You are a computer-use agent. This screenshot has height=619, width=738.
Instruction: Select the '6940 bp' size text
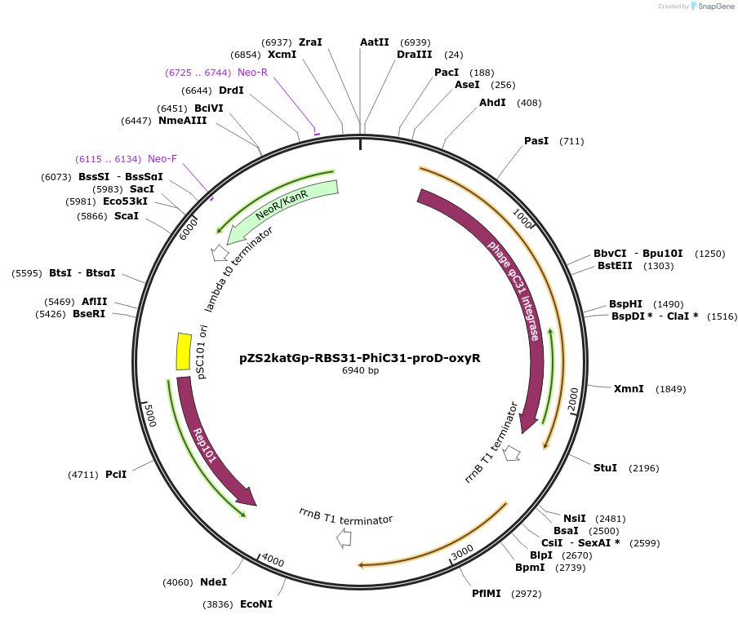(360, 371)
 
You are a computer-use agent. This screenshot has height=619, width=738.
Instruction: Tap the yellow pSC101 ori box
(184, 352)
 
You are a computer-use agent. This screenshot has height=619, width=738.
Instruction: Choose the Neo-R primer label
(252, 73)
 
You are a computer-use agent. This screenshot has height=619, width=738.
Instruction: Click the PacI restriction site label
(446, 73)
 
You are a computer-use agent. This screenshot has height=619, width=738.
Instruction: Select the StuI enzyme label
(605, 467)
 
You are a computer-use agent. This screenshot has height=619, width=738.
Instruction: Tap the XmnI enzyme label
(629, 389)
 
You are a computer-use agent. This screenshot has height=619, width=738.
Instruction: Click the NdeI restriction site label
(213, 582)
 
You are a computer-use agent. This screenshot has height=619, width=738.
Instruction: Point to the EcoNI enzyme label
(256, 604)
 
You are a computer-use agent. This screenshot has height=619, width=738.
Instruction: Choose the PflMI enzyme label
(487, 594)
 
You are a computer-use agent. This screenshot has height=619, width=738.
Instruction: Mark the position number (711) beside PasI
(571, 142)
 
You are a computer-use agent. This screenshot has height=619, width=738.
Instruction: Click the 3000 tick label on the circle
(462, 552)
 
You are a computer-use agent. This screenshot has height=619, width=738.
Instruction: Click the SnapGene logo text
(717, 7)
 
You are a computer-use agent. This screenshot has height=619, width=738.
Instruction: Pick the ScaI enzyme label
(127, 216)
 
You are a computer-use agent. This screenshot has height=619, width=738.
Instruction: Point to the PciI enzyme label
(116, 474)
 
